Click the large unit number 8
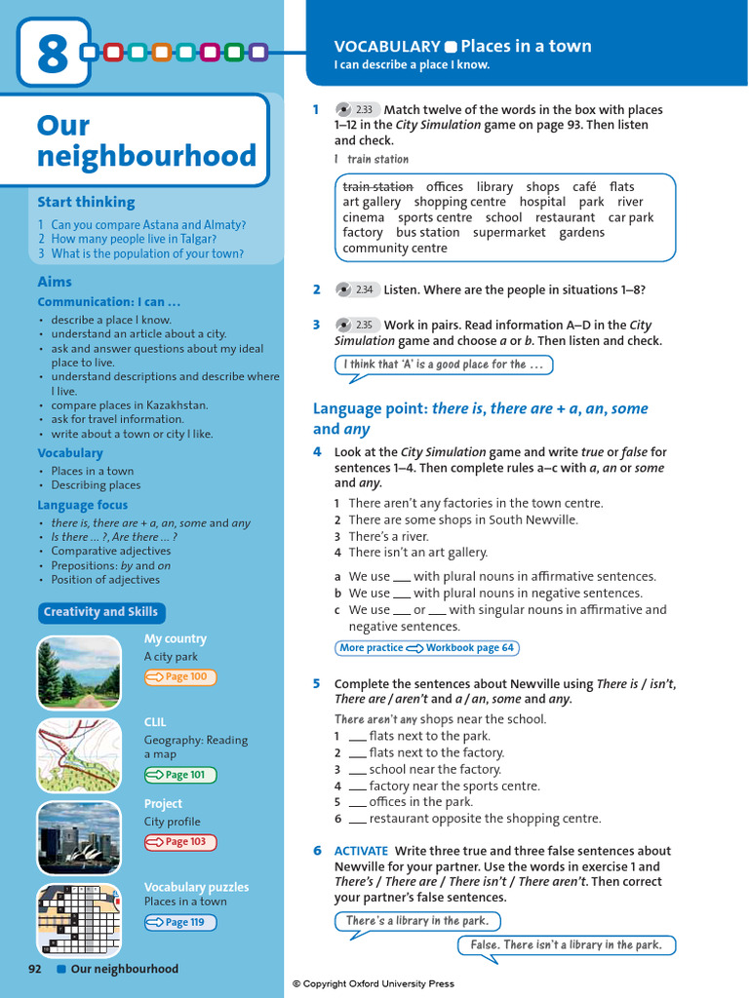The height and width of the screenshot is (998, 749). pyautogui.click(x=52, y=54)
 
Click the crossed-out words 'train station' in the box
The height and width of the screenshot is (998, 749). pyautogui.click(x=378, y=187)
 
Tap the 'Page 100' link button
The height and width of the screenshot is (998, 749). pyautogui.click(x=180, y=677)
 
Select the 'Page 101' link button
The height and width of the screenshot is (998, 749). pyautogui.click(x=180, y=775)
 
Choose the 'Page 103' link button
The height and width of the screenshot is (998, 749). pyautogui.click(x=180, y=842)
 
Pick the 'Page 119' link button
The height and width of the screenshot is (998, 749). pyautogui.click(x=180, y=922)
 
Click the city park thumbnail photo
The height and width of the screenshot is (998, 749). pyautogui.click(x=79, y=672)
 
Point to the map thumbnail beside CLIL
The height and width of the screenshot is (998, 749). pyautogui.click(x=79, y=755)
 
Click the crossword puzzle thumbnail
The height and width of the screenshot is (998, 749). pyautogui.click(x=79, y=920)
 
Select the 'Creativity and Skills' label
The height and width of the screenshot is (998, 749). pyautogui.click(x=100, y=612)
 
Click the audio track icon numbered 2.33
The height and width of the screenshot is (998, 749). pyautogui.click(x=357, y=110)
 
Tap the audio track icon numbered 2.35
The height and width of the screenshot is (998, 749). pyautogui.click(x=357, y=326)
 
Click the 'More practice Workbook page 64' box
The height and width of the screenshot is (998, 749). pyautogui.click(x=426, y=648)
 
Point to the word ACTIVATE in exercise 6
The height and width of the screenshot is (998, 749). pyautogui.click(x=361, y=851)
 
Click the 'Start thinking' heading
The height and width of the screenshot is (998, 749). pyautogui.click(x=86, y=202)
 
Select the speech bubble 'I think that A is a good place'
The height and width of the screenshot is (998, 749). pyautogui.click(x=443, y=365)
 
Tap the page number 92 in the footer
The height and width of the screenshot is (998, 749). pyautogui.click(x=35, y=969)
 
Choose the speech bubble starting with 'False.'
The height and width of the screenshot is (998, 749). pyautogui.click(x=566, y=945)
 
